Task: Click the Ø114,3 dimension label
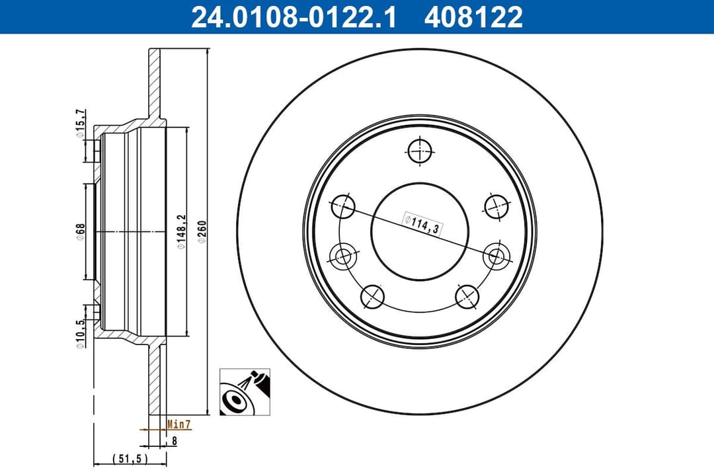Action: pos(422,223)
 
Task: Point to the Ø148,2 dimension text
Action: pos(180,231)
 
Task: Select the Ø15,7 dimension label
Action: pos(81,124)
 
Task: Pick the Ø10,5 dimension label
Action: pos(81,335)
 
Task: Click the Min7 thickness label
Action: pos(178,424)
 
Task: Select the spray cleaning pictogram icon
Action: pos(245,392)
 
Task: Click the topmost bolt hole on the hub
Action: pos(420,151)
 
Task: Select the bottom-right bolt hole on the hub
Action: pos(467,296)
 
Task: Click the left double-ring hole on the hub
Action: pos(342,256)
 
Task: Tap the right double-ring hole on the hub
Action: pos(496,256)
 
